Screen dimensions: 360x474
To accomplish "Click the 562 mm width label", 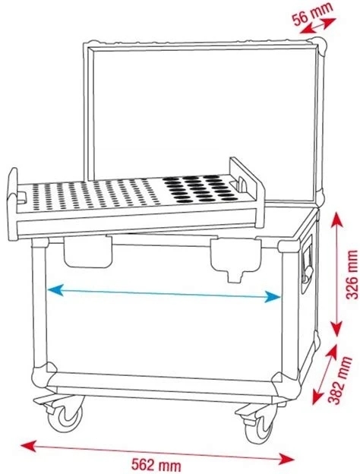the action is click(156, 465).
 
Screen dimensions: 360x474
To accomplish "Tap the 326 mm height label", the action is click(352, 274).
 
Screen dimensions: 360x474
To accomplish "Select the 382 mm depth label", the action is click(341, 381).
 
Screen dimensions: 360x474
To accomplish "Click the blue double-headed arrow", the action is click(164, 293).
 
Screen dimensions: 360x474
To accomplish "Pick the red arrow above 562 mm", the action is click(157, 452).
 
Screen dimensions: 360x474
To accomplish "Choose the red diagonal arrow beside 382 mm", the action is click(325, 374).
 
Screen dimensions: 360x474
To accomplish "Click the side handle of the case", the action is click(307, 263).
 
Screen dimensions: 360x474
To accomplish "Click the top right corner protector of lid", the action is click(318, 47).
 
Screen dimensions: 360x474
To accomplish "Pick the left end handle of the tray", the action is click(14, 204).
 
